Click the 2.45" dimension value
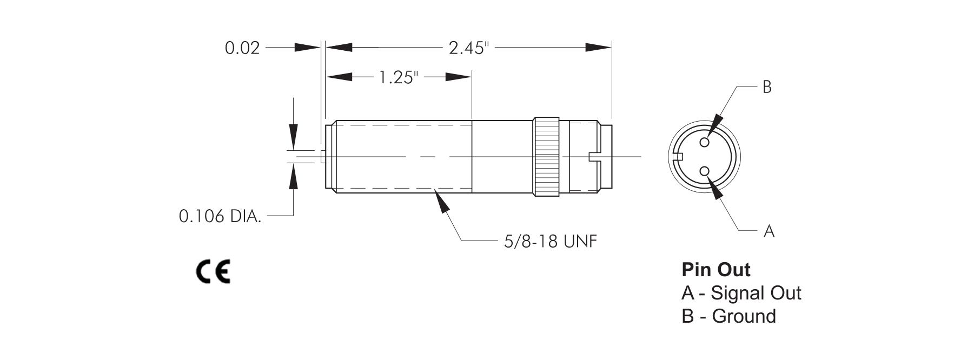coord(468,48)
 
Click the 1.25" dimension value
coord(399,78)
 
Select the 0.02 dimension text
coord(242,48)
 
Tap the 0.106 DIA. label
coord(220,217)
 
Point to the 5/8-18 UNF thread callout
coord(551,241)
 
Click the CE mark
coord(213,272)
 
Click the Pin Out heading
coord(716,269)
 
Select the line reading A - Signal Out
coord(741,293)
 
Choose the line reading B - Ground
coord(728,316)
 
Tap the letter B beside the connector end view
coord(767,87)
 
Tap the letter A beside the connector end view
coord(769,232)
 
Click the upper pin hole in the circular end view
coord(704,142)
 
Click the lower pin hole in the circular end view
coord(704,171)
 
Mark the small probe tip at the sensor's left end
coord(322,157)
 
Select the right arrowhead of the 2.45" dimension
coord(599,48)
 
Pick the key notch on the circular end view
coord(679,157)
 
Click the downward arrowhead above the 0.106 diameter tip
coord(293,136)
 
